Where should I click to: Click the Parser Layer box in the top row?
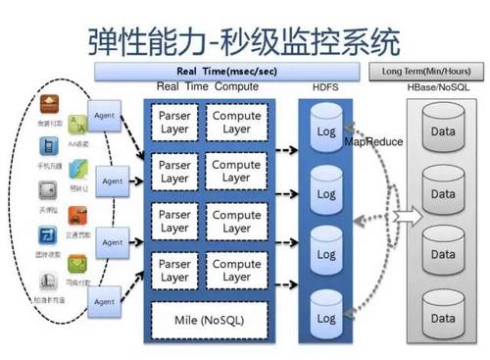click(x=174, y=124)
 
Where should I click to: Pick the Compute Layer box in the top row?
click(x=236, y=124)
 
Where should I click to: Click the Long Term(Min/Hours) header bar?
click(x=425, y=71)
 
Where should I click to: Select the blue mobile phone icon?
click(x=46, y=145)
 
